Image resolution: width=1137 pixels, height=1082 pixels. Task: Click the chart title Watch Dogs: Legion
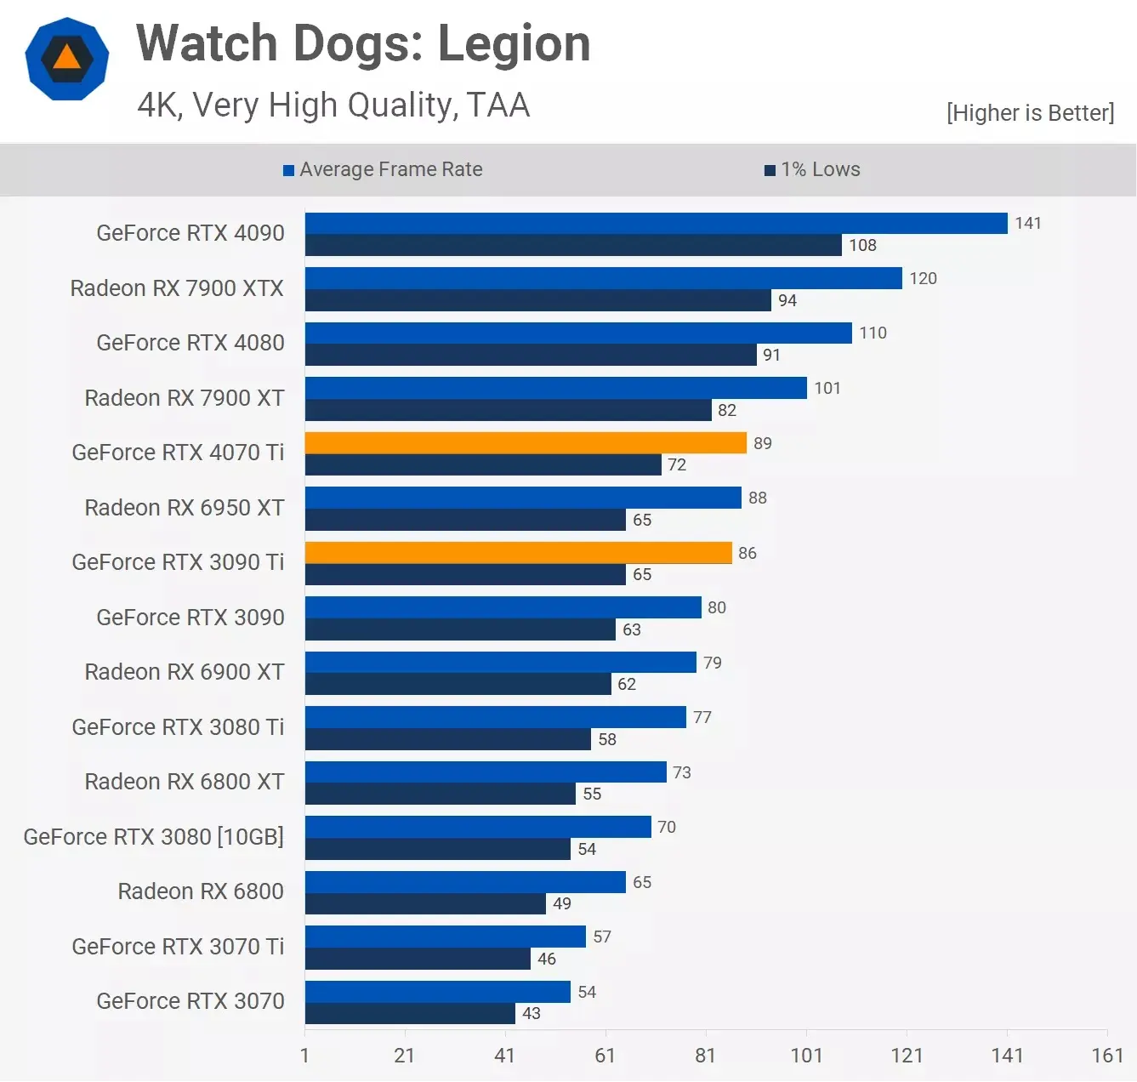[363, 44]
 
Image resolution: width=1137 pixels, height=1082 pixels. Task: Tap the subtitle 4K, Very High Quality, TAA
[333, 105]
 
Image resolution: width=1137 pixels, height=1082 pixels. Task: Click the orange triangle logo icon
[67, 59]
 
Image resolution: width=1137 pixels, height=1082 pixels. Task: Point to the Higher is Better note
[1030, 113]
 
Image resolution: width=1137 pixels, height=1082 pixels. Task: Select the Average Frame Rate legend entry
[383, 169]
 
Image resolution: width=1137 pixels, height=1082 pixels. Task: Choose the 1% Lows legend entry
[812, 169]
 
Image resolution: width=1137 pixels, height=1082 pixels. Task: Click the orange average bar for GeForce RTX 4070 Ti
[526, 443]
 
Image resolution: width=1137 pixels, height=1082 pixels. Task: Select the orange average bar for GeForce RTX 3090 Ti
[518, 553]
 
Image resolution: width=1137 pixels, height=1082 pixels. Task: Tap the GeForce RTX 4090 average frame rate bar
[656, 224]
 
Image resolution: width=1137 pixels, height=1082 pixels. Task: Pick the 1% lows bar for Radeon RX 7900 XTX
[537, 300]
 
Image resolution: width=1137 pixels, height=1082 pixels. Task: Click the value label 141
[1028, 224]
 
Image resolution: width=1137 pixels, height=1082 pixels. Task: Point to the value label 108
[862, 246]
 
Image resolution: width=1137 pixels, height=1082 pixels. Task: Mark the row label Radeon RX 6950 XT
[185, 508]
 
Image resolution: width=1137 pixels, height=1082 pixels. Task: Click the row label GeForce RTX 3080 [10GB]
[154, 837]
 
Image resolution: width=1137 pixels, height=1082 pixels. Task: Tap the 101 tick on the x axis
[806, 1056]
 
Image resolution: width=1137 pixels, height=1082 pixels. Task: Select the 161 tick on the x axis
[1107, 1056]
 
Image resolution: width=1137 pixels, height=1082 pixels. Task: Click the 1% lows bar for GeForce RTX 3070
[410, 1014]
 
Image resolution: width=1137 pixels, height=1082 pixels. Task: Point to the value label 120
[923, 279]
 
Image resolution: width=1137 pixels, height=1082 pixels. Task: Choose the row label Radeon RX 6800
[201, 891]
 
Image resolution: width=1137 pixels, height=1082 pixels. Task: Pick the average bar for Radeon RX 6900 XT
[500, 663]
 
